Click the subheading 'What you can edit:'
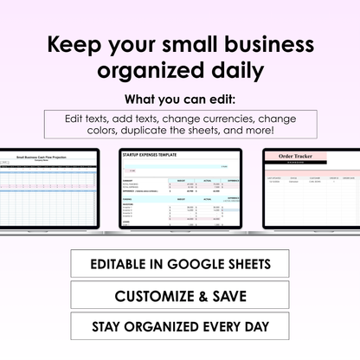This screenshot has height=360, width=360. (x=179, y=98)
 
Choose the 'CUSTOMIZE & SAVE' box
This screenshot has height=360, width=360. (x=180, y=296)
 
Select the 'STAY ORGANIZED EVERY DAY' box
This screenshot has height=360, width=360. (x=180, y=327)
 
